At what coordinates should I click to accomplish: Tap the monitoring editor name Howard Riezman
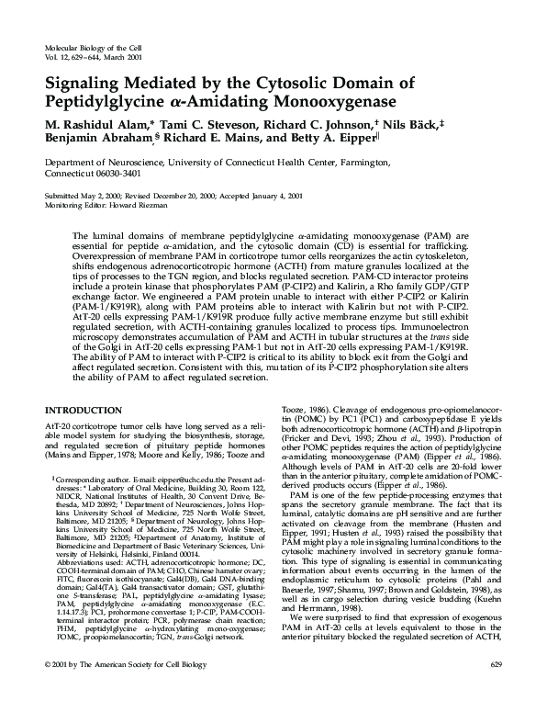pos(137,204)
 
